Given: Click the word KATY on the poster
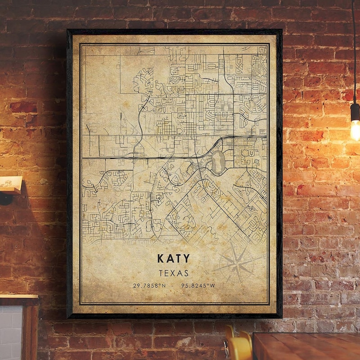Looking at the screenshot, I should click(173, 258).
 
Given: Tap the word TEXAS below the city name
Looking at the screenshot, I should click(173, 273).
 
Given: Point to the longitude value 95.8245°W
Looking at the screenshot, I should click(198, 285).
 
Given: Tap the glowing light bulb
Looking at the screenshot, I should click(355, 129).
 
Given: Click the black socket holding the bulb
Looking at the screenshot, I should click(355, 112).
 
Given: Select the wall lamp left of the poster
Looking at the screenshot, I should click(10, 187).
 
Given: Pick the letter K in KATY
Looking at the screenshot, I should click(161, 258).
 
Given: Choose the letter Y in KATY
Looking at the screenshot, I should click(186, 258).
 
